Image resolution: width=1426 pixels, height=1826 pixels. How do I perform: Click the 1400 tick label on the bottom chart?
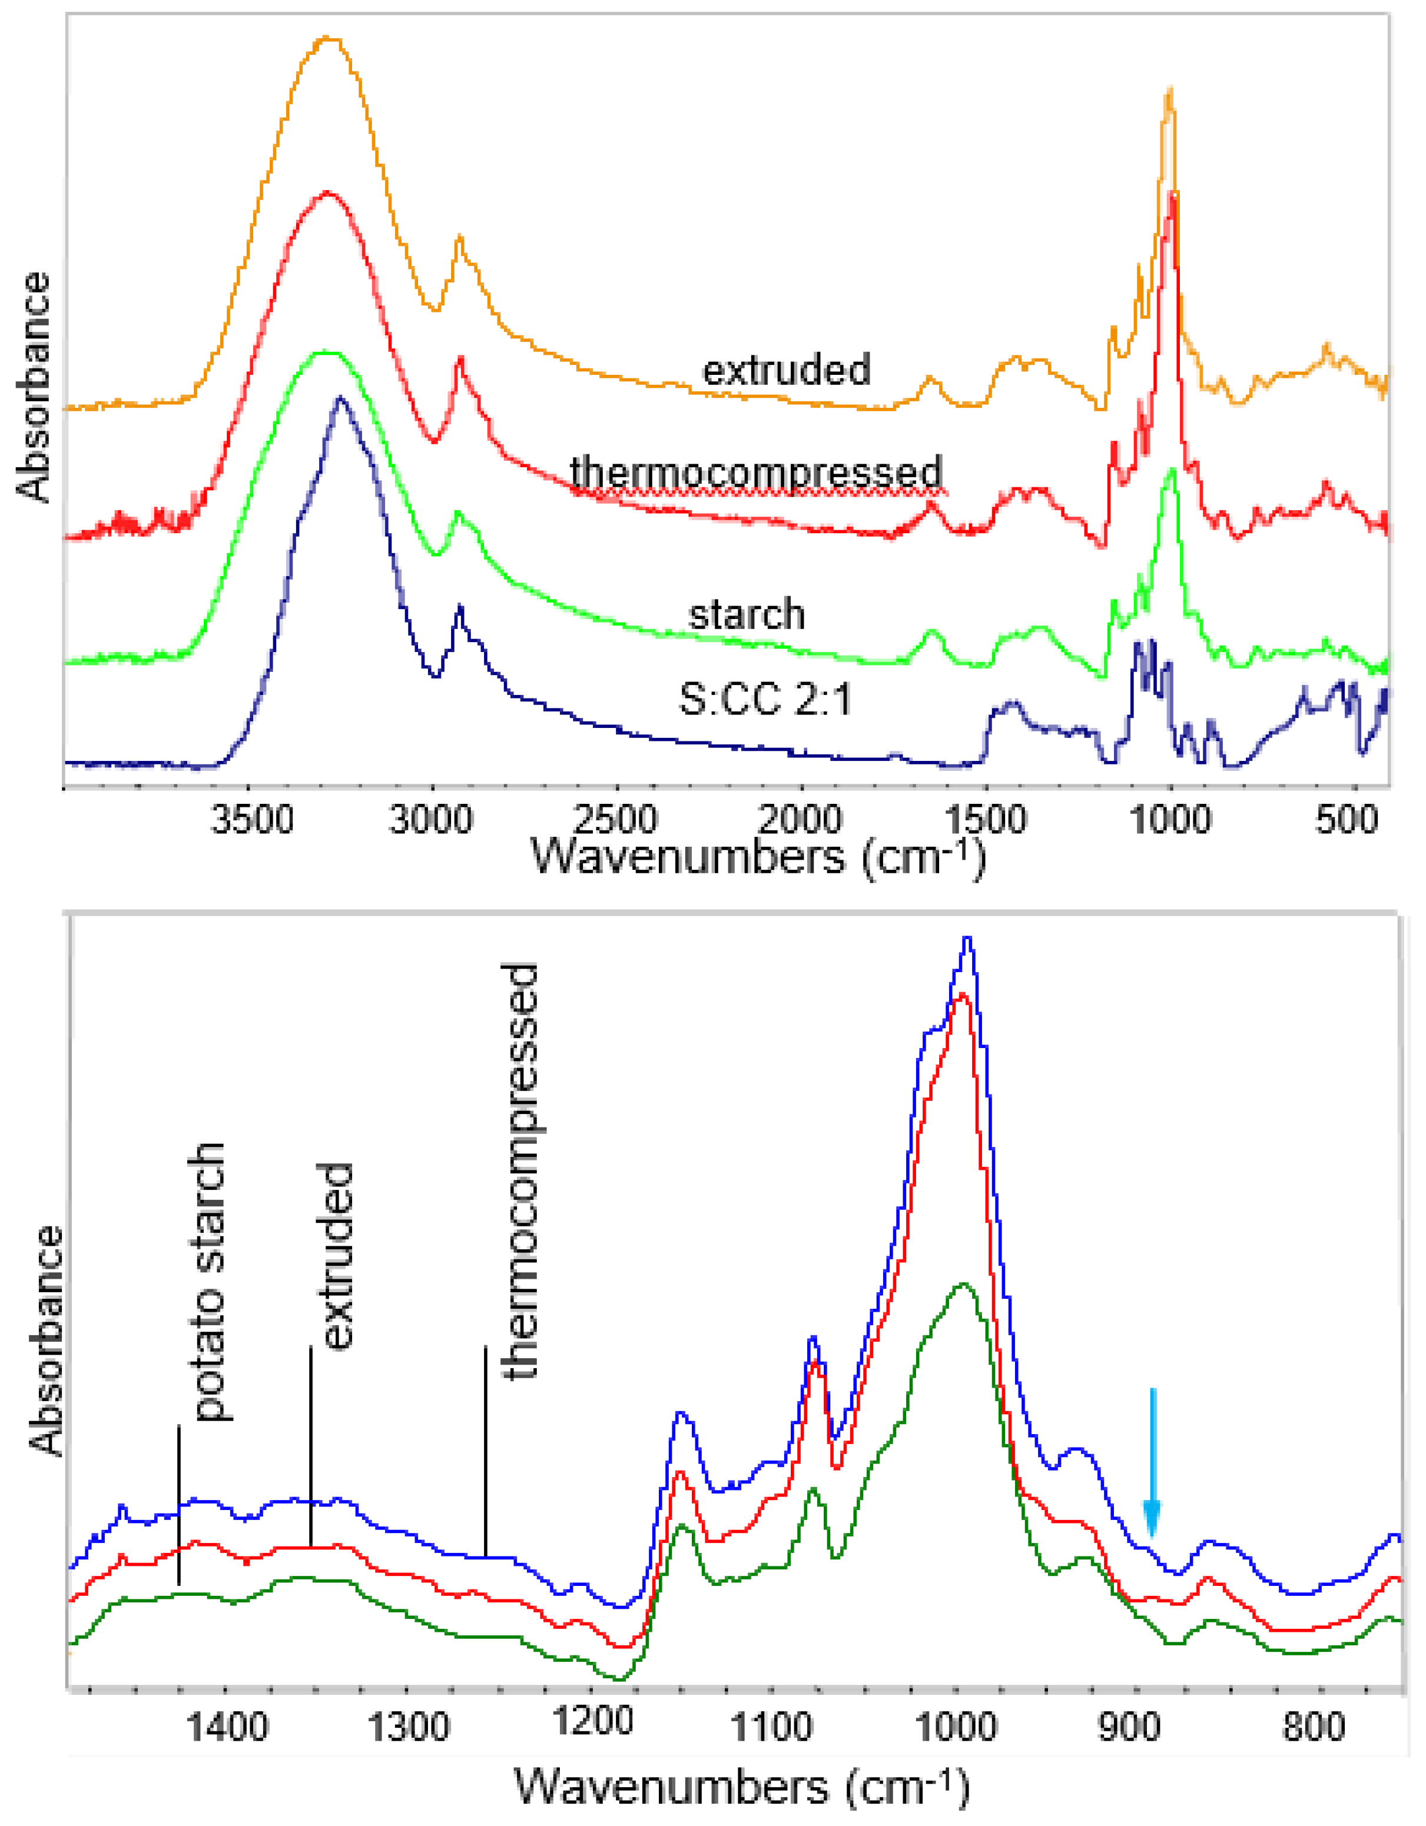point(227,1729)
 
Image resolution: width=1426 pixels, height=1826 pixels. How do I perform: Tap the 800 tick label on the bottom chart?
point(1313,1729)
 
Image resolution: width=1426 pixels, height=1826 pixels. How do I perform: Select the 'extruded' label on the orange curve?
point(786,370)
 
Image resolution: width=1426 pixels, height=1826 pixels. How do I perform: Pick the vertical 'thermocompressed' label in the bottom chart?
point(519,1170)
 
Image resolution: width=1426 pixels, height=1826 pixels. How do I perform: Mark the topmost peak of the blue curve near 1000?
point(968,939)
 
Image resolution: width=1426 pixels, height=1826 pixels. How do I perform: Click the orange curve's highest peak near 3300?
point(329,38)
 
